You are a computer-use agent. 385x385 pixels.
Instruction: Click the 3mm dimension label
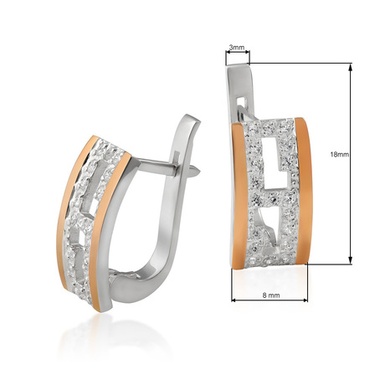pos(237,48)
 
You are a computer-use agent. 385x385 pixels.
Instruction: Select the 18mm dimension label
pos(340,154)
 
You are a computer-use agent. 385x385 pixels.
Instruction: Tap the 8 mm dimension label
pos(271,295)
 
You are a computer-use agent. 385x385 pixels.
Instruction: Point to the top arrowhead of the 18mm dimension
pos(351,66)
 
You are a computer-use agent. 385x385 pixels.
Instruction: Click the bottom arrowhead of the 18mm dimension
pos(351,260)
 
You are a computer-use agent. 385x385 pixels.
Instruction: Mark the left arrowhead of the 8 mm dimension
pos(235,300)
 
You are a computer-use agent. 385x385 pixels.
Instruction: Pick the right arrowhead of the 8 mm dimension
pos(304,300)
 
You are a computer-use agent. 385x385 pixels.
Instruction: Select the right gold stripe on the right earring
pos(304,191)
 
